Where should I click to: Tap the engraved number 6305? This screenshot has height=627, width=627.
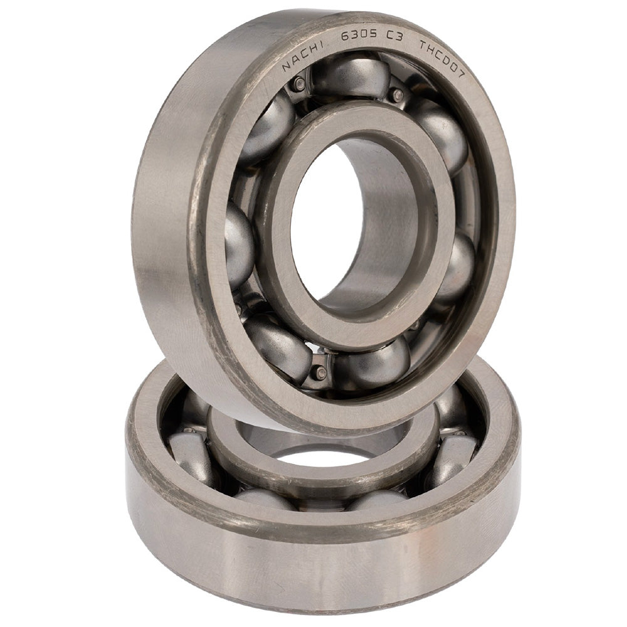tap(359, 35)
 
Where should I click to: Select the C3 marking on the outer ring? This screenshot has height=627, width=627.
tap(394, 36)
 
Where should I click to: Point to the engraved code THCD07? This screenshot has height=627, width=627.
tap(441, 59)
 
